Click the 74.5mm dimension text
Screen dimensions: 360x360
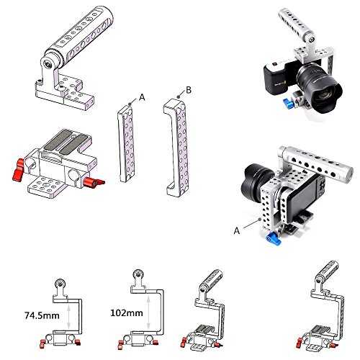click(42, 315)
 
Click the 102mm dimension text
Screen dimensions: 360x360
click(127, 313)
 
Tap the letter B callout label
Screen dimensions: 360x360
click(189, 90)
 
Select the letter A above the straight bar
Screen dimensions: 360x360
click(142, 97)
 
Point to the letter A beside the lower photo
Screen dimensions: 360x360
click(237, 230)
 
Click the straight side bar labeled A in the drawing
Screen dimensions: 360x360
click(127, 143)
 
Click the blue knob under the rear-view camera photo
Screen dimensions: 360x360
click(273, 239)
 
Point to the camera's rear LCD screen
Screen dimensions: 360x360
click(303, 194)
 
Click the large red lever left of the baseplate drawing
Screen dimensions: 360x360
click(18, 169)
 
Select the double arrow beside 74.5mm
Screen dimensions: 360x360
click(69, 316)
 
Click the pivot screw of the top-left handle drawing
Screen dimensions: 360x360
click(48, 64)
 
